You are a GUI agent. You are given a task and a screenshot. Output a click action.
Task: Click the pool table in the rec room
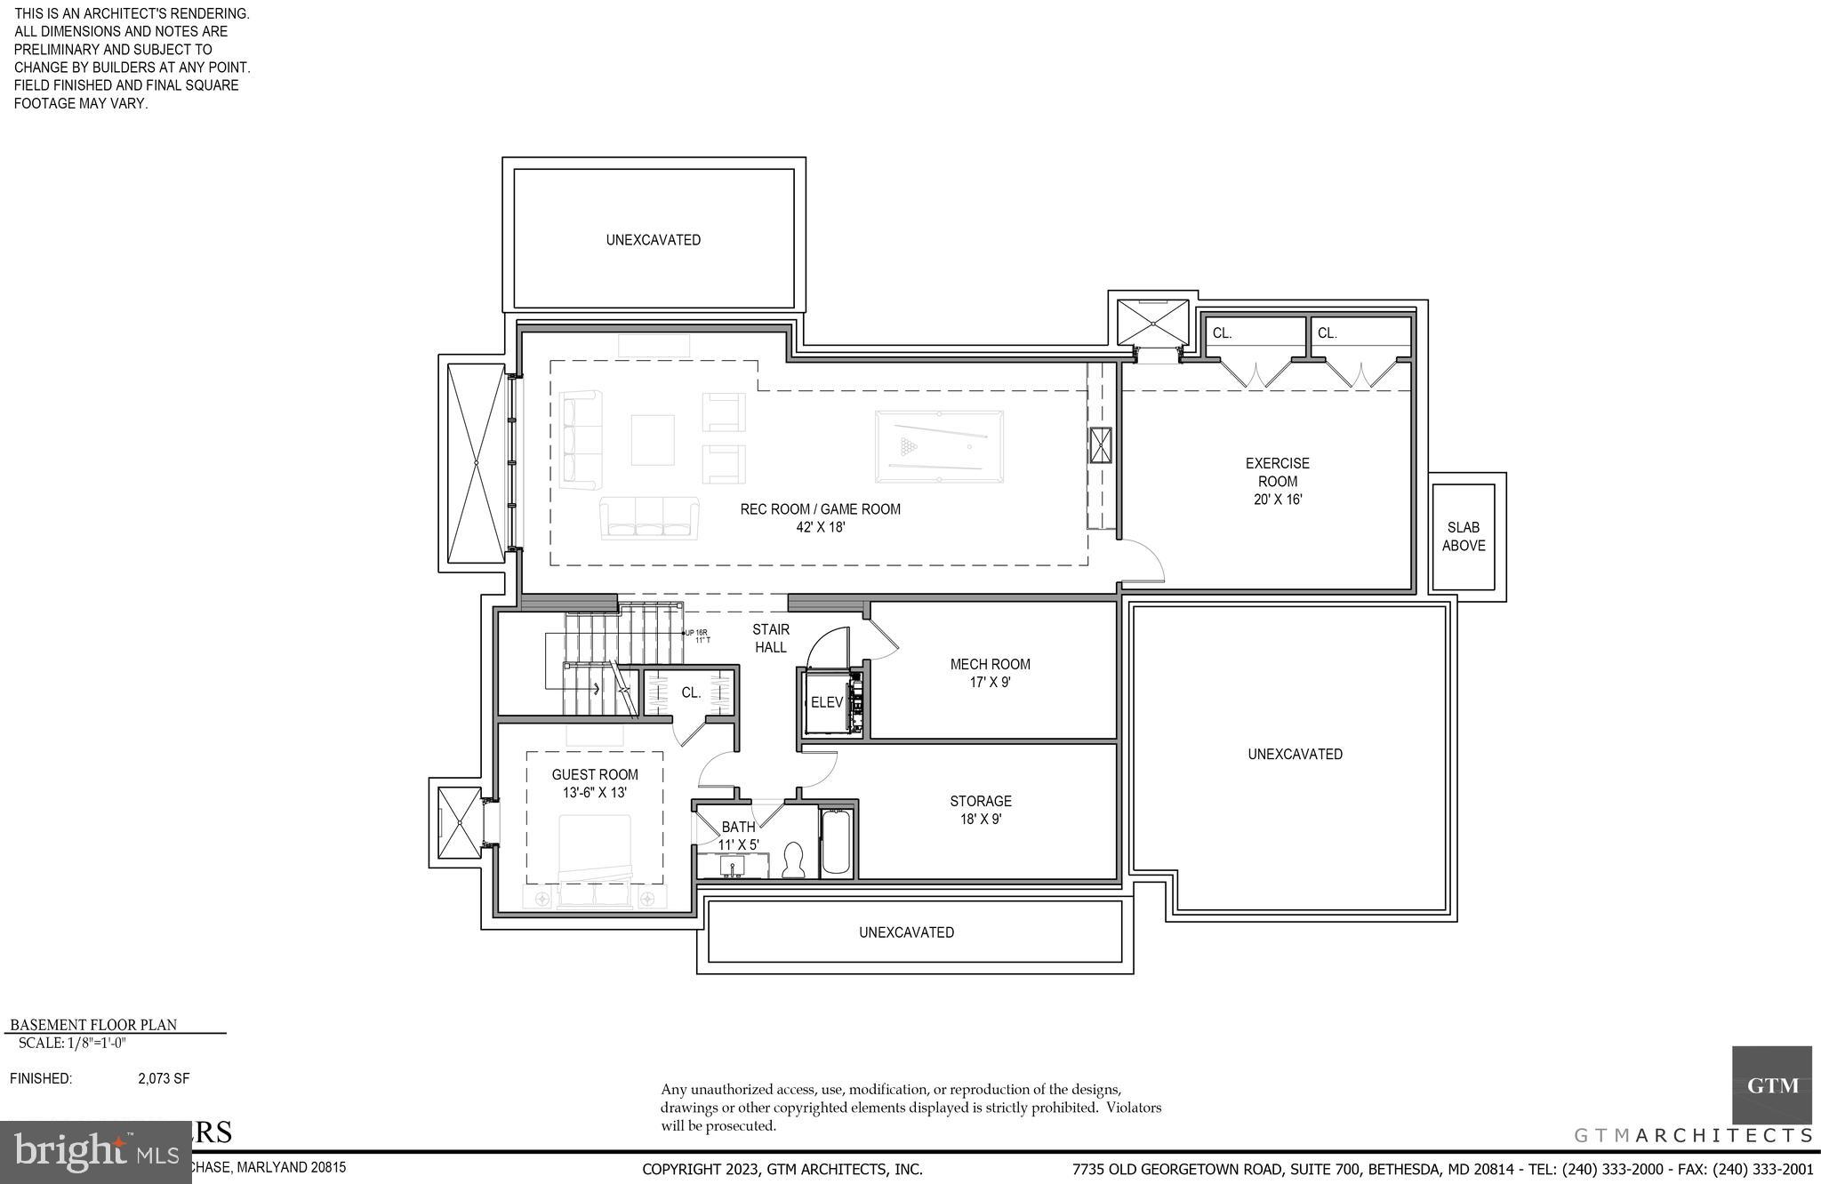939,446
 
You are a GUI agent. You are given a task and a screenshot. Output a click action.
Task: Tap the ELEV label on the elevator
826,702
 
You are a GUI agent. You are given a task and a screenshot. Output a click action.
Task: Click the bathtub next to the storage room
836,842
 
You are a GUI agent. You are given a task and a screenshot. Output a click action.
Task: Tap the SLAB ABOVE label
1463,537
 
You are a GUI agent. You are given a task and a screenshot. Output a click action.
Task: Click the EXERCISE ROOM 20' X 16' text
1277,481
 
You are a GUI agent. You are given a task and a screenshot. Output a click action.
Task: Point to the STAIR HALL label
771,638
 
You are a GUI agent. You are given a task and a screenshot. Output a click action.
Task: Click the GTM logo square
1771,1085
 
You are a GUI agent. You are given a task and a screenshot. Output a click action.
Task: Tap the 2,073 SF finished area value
164,1079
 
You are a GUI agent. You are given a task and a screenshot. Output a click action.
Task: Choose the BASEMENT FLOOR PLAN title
93,1025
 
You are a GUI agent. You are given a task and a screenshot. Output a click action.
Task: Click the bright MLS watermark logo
95,1153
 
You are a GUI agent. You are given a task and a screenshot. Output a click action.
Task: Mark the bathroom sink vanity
733,866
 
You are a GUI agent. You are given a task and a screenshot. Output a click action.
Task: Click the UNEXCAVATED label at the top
654,240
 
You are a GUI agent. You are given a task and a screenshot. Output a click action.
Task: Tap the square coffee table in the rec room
653,440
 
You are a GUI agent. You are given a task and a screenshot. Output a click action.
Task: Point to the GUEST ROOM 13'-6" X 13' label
595,784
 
